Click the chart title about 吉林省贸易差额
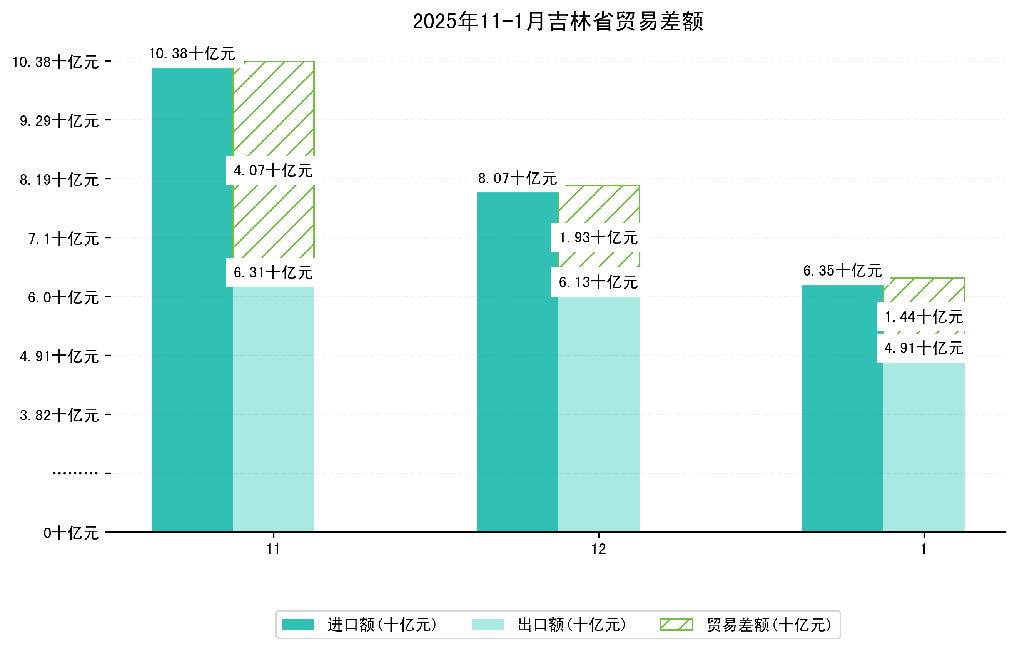(558, 22)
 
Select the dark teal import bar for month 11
(192, 299)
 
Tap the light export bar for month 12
(598, 414)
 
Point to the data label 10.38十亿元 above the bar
(192, 53)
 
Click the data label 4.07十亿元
(273, 170)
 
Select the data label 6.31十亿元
(273, 273)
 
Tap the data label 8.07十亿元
(518, 178)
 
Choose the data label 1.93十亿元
(598, 238)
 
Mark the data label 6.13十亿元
(598, 282)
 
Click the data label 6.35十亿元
(843, 270)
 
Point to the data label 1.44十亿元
(923, 317)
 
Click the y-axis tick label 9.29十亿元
(59, 121)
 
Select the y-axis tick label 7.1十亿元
(63, 239)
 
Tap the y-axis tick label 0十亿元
(71, 533)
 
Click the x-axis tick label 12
(598, 549)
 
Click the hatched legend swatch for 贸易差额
(676, 624)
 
